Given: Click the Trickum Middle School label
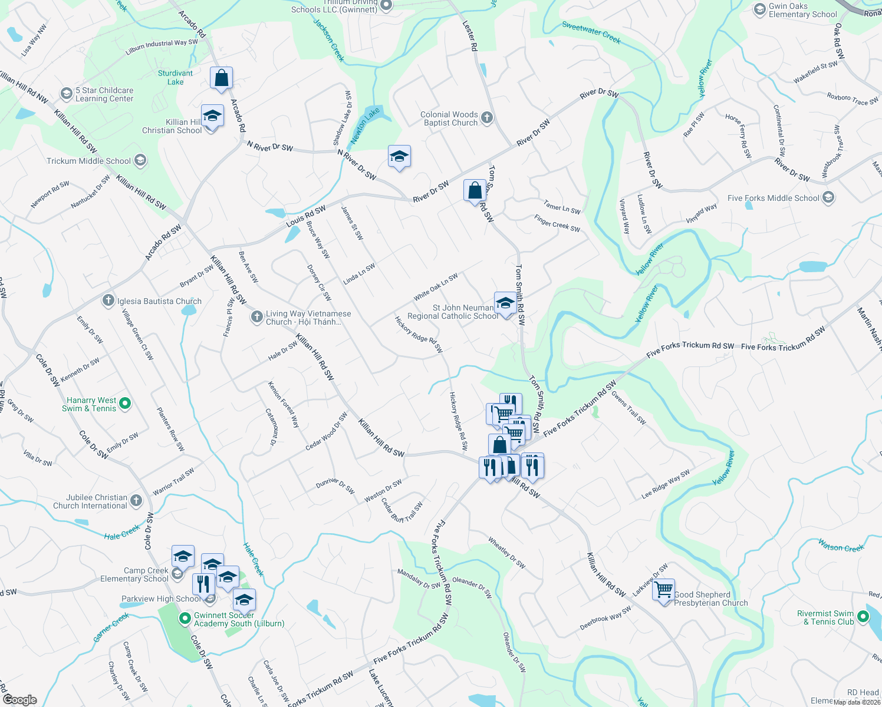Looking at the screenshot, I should pos(89,161).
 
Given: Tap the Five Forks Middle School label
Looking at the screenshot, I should pos(773,198).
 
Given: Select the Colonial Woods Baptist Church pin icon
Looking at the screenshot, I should pos(486,117).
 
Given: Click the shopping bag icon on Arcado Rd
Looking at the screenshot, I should pos(221,78).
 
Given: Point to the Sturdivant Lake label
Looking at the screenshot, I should pos(175,78).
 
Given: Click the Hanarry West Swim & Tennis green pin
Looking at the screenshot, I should pos(124,404).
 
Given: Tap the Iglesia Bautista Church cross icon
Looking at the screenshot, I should pos(108,301).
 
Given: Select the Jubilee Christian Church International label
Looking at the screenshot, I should pos(90,501).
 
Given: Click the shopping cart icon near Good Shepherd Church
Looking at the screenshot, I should pos(663,589).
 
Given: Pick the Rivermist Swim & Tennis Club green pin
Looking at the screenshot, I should pos(863,617).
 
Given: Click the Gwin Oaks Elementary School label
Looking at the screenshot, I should pos(802,11).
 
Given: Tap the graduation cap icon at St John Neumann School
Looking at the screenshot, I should pos(505,303).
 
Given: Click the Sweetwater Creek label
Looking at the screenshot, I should pos(591,32).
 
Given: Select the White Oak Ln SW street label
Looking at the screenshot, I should pos(436,287).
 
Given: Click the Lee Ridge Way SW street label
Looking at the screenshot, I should pos(665,484).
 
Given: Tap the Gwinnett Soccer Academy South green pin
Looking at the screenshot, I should pos(185,619).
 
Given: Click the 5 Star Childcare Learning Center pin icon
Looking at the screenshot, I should pos(67,94).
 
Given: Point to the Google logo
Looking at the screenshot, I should pos(19,699).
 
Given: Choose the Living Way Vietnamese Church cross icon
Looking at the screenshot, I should pos(256,318).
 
